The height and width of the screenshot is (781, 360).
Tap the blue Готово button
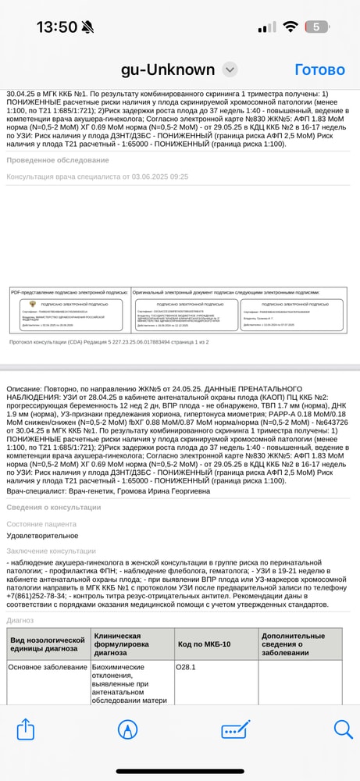tap(319, 70)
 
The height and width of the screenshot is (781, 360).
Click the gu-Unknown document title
tap(167, 70)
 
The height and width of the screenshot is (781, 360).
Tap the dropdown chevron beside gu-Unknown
tap(229, 70)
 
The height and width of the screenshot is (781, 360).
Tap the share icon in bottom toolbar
tap(26, 729)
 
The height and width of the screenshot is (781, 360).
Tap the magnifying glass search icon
tap(343, 729)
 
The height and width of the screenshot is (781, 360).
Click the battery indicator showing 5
tap(316, 27)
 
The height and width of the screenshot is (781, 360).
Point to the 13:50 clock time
tap(56, 27)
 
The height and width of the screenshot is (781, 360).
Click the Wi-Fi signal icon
tap(290, 27)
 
